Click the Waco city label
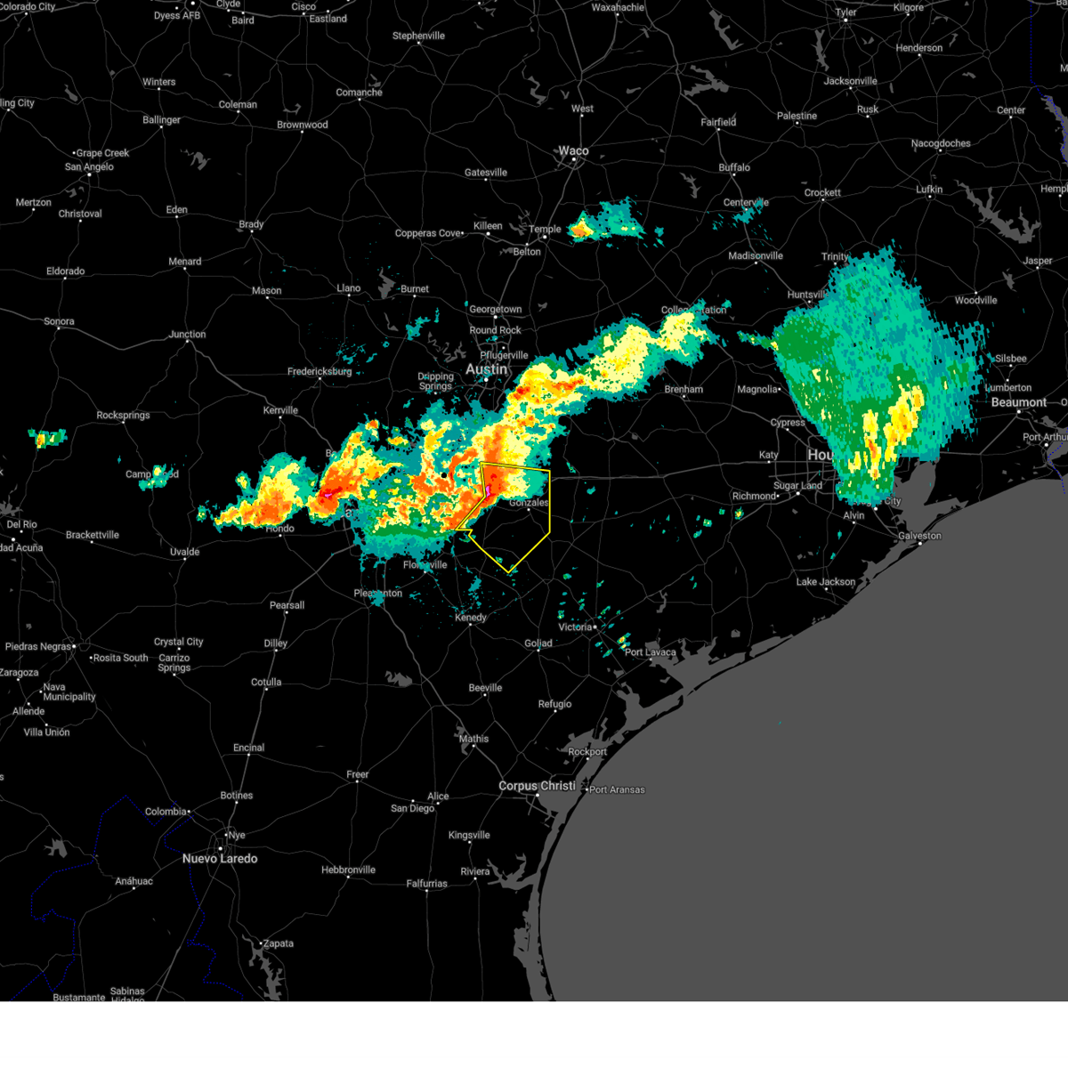(573, 151)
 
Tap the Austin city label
(486, 369)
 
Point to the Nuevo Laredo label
(220, 859)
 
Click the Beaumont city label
(1018, 402)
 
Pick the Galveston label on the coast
(919, 536)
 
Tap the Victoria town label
(575, 627)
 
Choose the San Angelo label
(89, 167)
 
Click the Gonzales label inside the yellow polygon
(529, 503)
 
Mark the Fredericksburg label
(320, 372)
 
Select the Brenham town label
(684, 390)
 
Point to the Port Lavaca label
(650, 652)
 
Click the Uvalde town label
(184, 552)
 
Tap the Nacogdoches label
(941, 143)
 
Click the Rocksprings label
(123, 416)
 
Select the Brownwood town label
(302, 125)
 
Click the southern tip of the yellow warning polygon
(509, 572)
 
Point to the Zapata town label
(278, 943)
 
